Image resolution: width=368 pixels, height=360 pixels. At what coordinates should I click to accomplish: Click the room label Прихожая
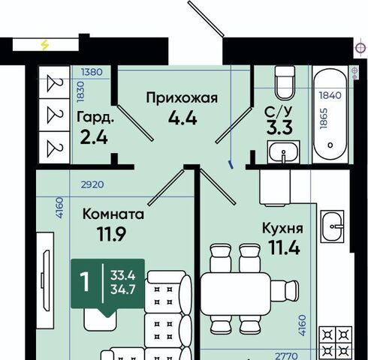(182, 98)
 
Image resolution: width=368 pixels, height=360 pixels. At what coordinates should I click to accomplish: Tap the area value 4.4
(182, 118)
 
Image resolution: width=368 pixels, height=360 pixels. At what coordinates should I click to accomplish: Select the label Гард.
(95, 117)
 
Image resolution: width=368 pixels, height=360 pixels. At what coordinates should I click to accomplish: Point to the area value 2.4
(94, 137)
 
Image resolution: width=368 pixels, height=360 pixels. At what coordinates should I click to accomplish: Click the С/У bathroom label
(279, 112)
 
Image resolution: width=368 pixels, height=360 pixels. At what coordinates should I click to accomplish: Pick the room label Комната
(113, 214)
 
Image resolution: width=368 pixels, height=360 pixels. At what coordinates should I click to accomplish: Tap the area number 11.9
(112, 234)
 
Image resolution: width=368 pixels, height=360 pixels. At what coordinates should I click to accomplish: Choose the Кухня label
(282, 229)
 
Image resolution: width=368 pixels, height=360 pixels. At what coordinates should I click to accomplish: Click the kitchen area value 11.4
(284, 247)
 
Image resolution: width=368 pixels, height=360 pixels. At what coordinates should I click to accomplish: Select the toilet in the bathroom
(285, 82)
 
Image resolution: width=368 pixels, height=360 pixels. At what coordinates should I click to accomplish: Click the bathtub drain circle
(330, 145)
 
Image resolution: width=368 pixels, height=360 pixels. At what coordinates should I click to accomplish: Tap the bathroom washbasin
(284, 152)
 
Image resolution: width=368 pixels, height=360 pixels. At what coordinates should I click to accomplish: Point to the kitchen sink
(333, 226)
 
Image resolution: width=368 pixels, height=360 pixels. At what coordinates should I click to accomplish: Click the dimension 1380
(92, 72)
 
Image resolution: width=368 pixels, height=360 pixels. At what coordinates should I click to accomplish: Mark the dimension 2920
(92, 184)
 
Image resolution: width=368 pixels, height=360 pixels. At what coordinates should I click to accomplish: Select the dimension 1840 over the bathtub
(330, 95)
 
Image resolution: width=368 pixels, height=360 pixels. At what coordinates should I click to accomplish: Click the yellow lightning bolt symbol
(45, 45)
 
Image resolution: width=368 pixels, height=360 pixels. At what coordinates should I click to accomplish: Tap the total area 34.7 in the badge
(123, 289)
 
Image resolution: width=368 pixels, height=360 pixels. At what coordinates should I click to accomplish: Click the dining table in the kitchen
(236, 294)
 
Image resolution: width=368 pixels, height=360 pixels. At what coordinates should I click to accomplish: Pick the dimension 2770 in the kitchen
(286, 355)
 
